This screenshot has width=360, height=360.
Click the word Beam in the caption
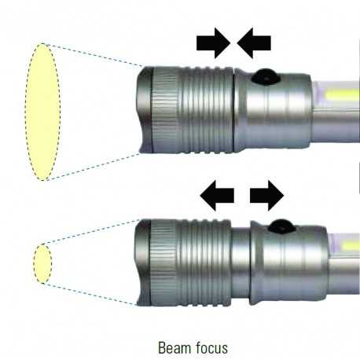[x=174, y=347]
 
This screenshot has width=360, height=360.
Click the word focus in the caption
[x=211, y=347]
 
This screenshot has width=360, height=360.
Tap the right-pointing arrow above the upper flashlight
[x=213, y=43]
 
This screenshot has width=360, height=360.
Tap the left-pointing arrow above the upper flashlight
[x=254, y=43]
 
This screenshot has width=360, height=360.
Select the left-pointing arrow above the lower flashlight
[x=217, y=196]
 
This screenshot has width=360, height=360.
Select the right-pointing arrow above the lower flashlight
[x=267, y=196]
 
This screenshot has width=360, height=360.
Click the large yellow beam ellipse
[x=43, y=112]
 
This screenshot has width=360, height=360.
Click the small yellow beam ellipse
[x=42, y=263]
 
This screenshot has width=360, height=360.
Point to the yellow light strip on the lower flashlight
[x=350, y=247]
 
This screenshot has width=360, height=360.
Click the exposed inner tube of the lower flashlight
[x=241, y=265]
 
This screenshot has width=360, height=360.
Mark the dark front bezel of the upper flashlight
[x=145, y=110]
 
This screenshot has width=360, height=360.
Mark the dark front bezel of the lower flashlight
[x=142, y=263]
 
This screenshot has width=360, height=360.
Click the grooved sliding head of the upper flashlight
[x=193, y=110]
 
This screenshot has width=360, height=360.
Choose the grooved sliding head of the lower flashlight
[x=190, y=263]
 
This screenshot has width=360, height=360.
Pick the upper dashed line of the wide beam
[x=92, y=55]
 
